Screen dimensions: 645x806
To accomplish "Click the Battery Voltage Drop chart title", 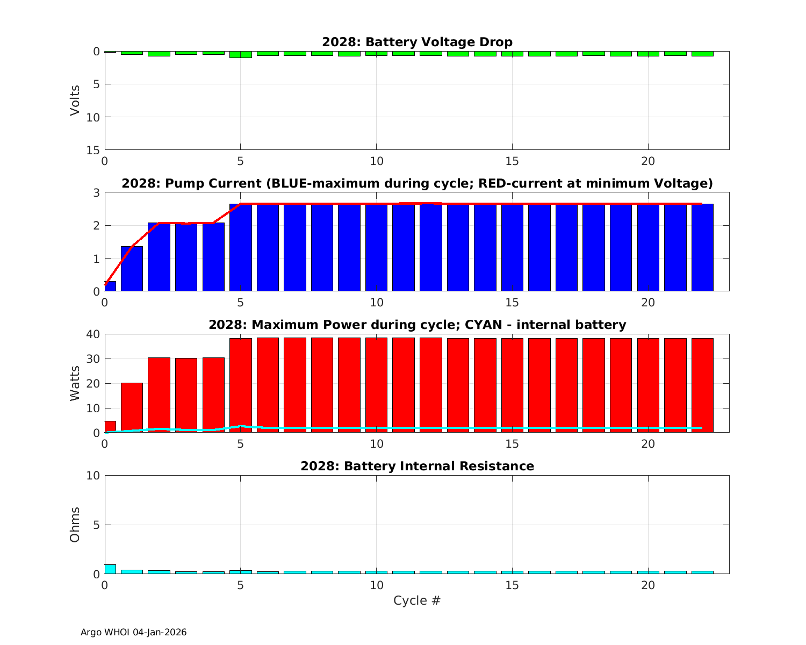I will pyautogui.click(x=417, y=42).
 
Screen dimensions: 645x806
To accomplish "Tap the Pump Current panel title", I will pyautogui.click(x=417, y=183).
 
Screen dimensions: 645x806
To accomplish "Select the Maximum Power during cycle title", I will pyautogui.click(x=417, y=325).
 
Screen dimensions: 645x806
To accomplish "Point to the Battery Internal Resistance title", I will pyautogui.click(x=417, y=466).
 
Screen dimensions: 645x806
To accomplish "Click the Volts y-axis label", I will pyautogui.click(x=75, y=101).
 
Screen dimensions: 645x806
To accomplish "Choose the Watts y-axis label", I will pyautogui.click(x=75, y=383).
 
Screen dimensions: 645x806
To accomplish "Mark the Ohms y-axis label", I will pyautogui.click(x=75, y=525).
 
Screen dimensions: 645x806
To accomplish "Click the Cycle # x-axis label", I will pyautogui.click(x=417, y=600).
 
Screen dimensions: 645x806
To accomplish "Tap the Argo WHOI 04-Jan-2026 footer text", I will pyautogui.click(x=133, y=633).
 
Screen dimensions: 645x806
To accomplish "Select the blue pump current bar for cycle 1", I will pyautogui.click(x=132, y=269).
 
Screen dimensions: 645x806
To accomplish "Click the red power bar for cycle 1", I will pyautogui.click(x=132, y=407).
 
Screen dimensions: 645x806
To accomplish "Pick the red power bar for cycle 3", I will pyautogui.click(x=186, y=395).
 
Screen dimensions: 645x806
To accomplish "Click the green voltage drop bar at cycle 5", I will pyautogui.click(x=240, y=54).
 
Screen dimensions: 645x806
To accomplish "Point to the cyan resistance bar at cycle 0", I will pyautogui.click(x=110, y=569).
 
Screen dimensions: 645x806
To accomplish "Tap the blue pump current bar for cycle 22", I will pyautogui.click(x=702, y=247).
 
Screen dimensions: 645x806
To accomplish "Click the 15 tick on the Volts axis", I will pyautogui.click(x=93, y=150).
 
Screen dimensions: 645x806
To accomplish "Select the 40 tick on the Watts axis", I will pyautogui.click(x=93, y=334).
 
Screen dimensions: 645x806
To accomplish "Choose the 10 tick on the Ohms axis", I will pyautogui.click(x=93, y=476).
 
